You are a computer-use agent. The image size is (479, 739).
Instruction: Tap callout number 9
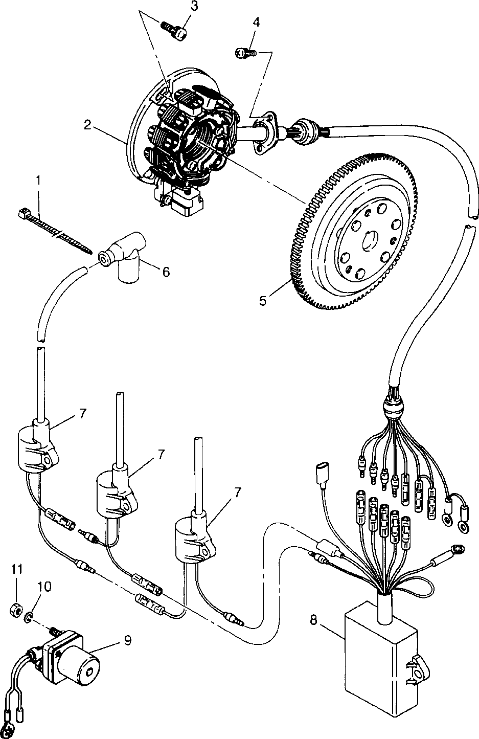tap(127, 639)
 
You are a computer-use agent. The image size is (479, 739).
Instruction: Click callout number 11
tap(17, 569)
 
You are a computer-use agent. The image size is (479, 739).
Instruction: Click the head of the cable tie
tap(22, 212)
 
